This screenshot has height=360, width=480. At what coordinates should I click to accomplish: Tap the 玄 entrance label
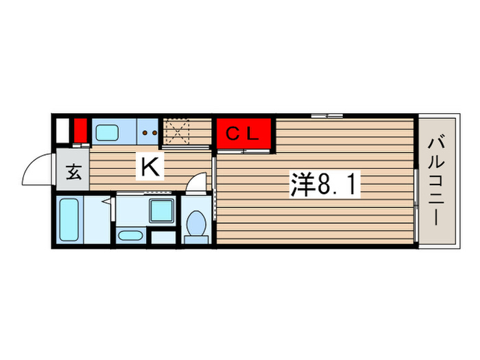pos(73,172)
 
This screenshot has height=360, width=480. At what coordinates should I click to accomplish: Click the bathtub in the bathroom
pos(69,219)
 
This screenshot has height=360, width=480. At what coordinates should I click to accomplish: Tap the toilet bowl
pos(197,224)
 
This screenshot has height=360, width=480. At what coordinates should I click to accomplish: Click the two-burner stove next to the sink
pos(149,131)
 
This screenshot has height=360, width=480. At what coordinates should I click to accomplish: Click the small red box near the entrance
pos(80,130)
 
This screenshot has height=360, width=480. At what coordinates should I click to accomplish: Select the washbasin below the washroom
pos(129,236)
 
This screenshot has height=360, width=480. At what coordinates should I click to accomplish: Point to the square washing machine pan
pos(163,213)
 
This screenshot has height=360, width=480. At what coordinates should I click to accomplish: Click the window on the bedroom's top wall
pos(326,115)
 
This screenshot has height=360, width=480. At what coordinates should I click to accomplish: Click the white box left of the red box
pos(62,130)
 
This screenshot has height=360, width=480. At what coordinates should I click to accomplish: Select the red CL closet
pos(245,134)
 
